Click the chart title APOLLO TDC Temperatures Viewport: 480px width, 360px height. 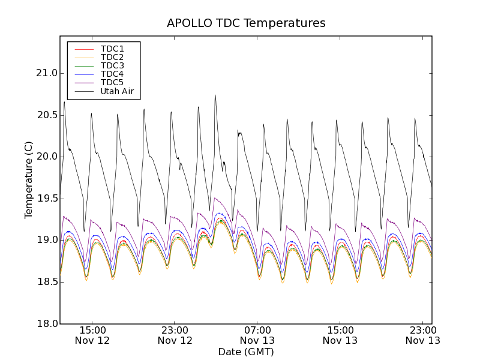click(x=246, y=23)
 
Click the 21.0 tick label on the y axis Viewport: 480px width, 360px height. click(x=46, y=73)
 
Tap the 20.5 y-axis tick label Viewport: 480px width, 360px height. click(x=46, y=115)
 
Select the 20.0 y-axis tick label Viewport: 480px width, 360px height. click(x=46, y=157)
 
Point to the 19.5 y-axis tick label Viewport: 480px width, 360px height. click(x=46, y=199)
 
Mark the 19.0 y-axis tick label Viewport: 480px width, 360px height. click(x=46, y=240)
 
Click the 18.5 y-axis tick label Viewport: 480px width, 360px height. click(x=46, y=282)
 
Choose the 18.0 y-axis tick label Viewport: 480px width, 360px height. click(x=46, y=323)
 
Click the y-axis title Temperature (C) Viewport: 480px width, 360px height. click(x=29, y=180)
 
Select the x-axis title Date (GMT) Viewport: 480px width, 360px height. click(x=246, y=352)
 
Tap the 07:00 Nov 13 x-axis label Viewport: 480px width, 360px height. click(x=257, y=335)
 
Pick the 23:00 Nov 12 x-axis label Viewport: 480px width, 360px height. click(x=175, y=335)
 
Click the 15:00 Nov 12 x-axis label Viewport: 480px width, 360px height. click(x=92, y=335)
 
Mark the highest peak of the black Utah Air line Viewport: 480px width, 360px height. click(x=215, y=95)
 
